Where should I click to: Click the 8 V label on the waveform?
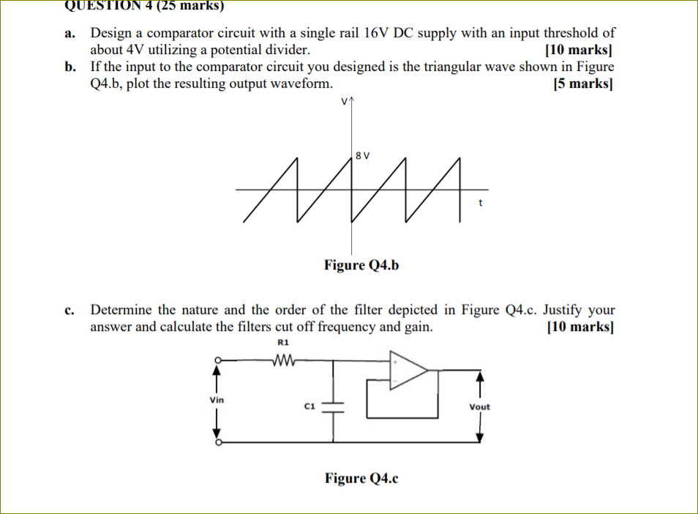(362, 155)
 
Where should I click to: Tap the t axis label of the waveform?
(480, 203)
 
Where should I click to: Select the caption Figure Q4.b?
(361, 264)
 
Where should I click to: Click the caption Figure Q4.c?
(361, 478)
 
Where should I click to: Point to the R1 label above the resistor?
(284, 342)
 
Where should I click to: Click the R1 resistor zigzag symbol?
(282, 360)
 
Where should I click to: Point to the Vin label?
(217, 400)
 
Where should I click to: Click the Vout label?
(480, 406)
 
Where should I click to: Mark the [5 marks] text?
(584, 83)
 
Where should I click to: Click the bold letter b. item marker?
(70, 67)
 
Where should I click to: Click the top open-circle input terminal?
(217, 360)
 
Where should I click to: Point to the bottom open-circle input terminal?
(217, 442)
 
